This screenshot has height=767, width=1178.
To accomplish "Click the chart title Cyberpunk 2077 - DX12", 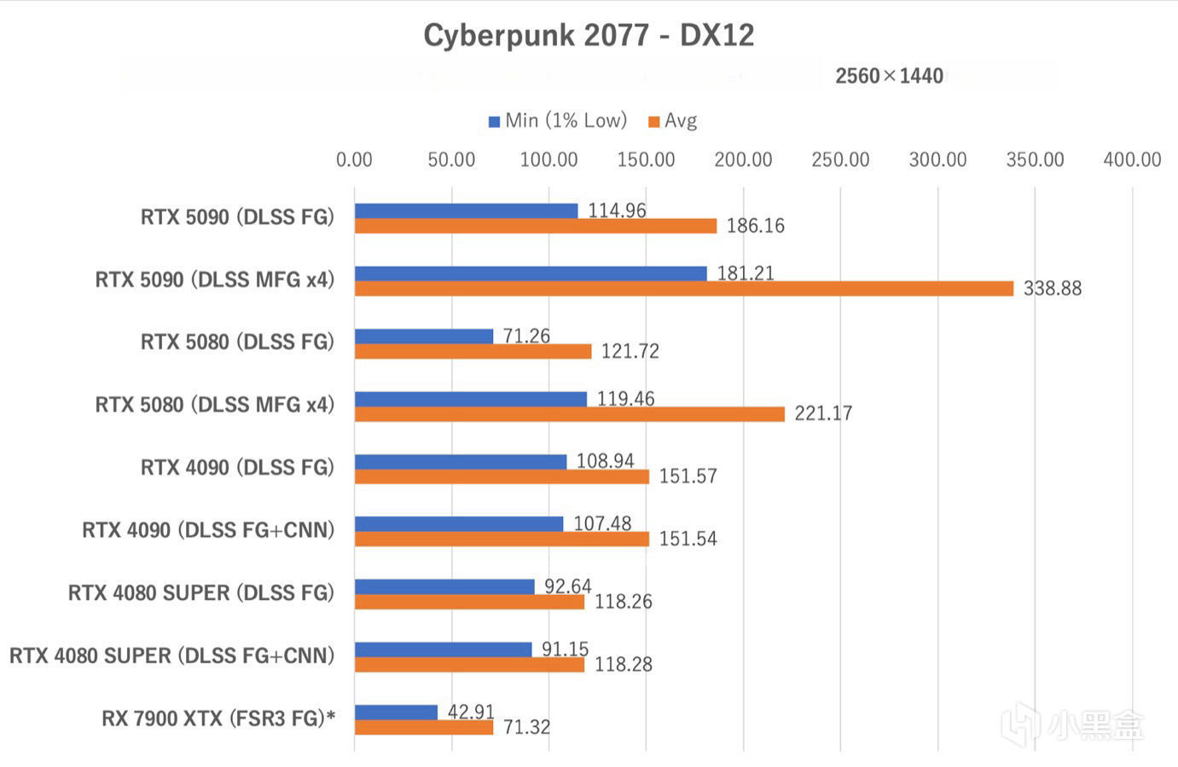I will tap(589, 36).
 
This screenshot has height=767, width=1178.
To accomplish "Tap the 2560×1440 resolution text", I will tap(889, 76).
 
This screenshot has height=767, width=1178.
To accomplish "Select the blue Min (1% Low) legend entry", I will tap(558, 121).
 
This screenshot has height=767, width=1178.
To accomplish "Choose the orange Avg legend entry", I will tap(673, 121).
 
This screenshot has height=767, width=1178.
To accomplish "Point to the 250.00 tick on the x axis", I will tap(840, 159).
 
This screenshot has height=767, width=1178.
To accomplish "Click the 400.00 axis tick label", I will tap(1132, 159).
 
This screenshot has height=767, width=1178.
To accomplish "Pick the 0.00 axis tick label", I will tap(354, 159).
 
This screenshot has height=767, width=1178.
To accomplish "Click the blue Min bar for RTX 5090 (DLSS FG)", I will tap(466, 210).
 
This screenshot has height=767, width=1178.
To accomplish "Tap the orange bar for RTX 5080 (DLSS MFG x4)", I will tap(570, 414).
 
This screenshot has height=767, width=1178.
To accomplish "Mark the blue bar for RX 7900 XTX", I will tap(396, 712).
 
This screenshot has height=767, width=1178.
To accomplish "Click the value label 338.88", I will tap(1052, 289).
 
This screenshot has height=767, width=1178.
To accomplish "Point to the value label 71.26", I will tap(526, 336).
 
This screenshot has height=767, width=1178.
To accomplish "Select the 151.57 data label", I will tap(688, 476).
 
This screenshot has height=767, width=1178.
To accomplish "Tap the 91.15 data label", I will tap(565, 649).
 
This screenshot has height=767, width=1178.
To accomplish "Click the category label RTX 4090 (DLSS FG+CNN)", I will tap(208, 530).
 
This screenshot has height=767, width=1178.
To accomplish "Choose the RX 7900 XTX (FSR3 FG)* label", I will tap(218, 718).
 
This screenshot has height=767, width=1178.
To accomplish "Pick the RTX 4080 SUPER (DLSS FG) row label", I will tap(201, 593).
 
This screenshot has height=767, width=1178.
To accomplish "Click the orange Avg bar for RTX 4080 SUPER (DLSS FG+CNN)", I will tap(469, 665).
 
